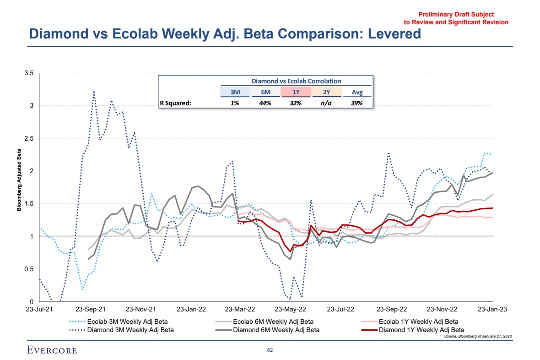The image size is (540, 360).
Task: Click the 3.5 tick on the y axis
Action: (31, 73)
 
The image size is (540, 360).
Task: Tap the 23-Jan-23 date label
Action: (492, 309)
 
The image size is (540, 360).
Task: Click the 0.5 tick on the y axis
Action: (31, 269)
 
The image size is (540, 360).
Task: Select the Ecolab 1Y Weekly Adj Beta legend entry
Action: (418, 322)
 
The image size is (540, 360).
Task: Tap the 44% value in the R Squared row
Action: (265, 103)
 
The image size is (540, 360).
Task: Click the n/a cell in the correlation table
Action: (326, 103)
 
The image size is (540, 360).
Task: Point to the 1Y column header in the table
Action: (296, 92)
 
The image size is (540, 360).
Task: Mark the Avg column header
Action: (357, 92)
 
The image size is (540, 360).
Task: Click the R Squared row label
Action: (175, 103)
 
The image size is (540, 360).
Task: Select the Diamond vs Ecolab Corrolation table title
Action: (296, 81)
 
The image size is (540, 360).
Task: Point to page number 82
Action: (270, 350)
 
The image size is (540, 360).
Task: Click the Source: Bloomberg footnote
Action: (477, 336)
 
